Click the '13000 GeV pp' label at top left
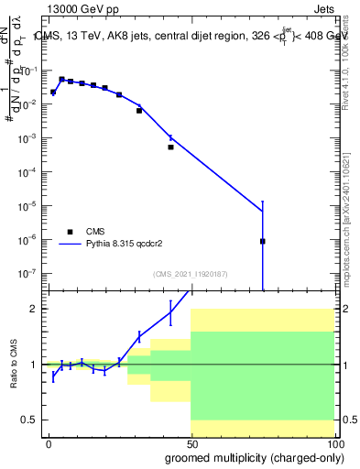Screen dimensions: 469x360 click(x=76, y=7)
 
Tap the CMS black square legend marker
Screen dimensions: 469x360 click(x=70, y=232)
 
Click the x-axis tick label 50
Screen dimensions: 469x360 click(x=191, y=443)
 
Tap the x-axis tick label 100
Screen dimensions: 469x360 click(x=333, y=443)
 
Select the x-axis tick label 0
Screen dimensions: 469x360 click(x=49, y=443)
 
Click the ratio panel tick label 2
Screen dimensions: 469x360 click(x=34, y=309)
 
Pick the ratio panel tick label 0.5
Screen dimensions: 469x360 click(x=30, y=420)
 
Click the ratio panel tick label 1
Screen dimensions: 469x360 click(x=34, y=365)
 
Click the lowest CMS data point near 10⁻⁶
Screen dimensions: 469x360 click(x=263, y=241)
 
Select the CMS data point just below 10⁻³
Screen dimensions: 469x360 click(x=170, y=147)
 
